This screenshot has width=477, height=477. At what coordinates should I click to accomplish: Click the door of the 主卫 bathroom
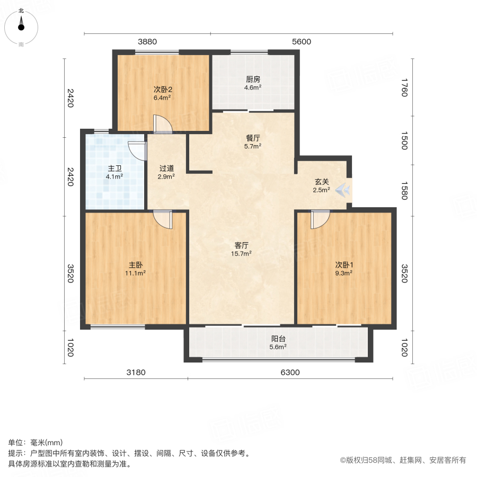[138, 150]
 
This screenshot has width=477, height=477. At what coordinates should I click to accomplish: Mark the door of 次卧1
[320, 219]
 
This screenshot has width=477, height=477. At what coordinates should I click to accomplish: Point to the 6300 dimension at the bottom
[290, 372]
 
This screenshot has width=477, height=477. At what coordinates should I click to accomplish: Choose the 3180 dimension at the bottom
[136, 372]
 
